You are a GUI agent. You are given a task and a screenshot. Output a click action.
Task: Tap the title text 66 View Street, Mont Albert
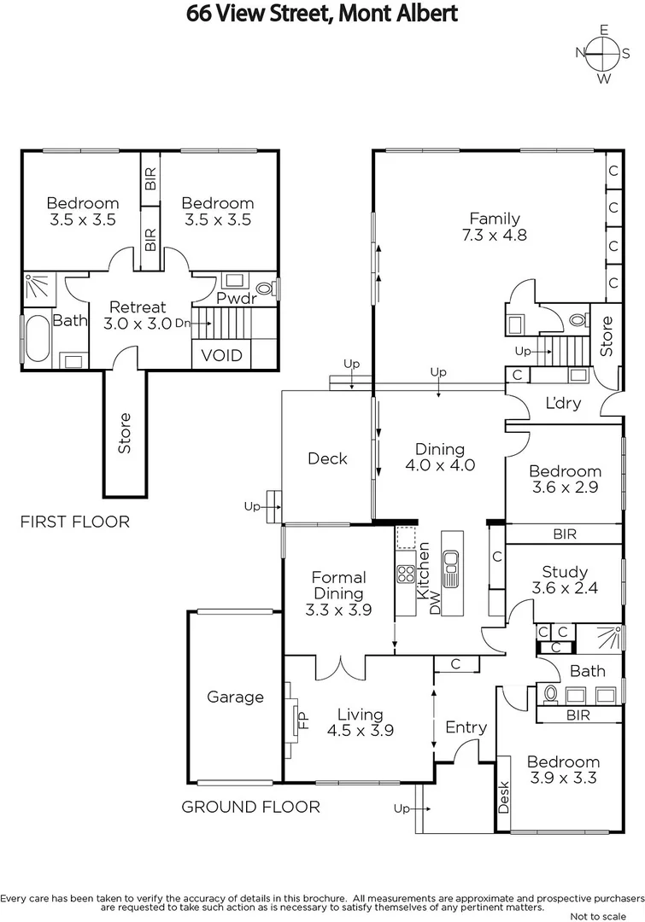click(x=322, y=14)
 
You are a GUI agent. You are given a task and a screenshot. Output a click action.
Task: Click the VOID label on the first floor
click(x=221, y=355)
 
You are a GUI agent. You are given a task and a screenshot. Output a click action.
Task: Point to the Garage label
click(x=235, y=697)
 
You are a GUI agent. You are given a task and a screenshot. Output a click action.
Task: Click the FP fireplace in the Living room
click(x=300, y=719)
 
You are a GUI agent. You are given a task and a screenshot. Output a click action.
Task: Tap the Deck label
click(x=327, y=458)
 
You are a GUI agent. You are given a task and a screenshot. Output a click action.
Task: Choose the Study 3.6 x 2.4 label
click(x=565, y=580)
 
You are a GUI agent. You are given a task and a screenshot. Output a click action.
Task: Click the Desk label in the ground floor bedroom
click(x=503, y=797)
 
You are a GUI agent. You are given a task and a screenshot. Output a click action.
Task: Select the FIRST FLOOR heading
click(x=75, y=522)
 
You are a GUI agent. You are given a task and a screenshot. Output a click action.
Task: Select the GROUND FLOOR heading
click(x=250, y=807)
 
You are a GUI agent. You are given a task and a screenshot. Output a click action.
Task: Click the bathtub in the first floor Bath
click(x=37, y=340)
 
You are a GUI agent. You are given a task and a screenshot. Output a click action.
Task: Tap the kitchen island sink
click(x=450, y=564)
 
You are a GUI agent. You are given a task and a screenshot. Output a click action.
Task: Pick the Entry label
click(x=466, y=727)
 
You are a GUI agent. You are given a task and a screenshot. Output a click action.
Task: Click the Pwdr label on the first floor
click(x=232, y=299)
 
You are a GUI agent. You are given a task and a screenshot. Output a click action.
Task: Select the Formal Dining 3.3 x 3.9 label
click(x=337, y=593)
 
